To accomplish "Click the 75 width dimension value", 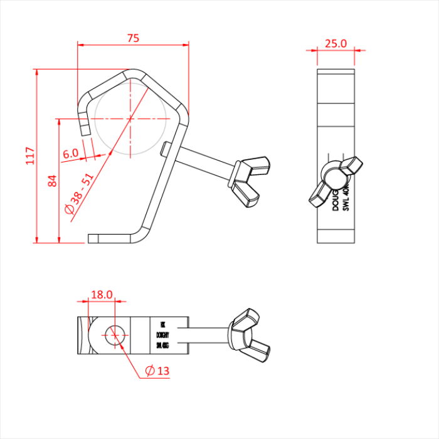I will point(133,38).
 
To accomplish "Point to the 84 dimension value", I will point(53,181).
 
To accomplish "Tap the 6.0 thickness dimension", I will point(71,153).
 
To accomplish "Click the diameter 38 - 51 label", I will point(80,194).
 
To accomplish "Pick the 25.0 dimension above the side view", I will point(336,43).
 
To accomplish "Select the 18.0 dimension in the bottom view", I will point(102,294).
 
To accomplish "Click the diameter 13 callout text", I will point(157,371).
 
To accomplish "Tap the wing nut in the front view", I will point(250,182).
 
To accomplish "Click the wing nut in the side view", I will point(335,179).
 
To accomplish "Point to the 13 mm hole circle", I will point(115,334).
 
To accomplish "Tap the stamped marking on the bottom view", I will point(162,335).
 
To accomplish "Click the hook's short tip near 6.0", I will point(85,129).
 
